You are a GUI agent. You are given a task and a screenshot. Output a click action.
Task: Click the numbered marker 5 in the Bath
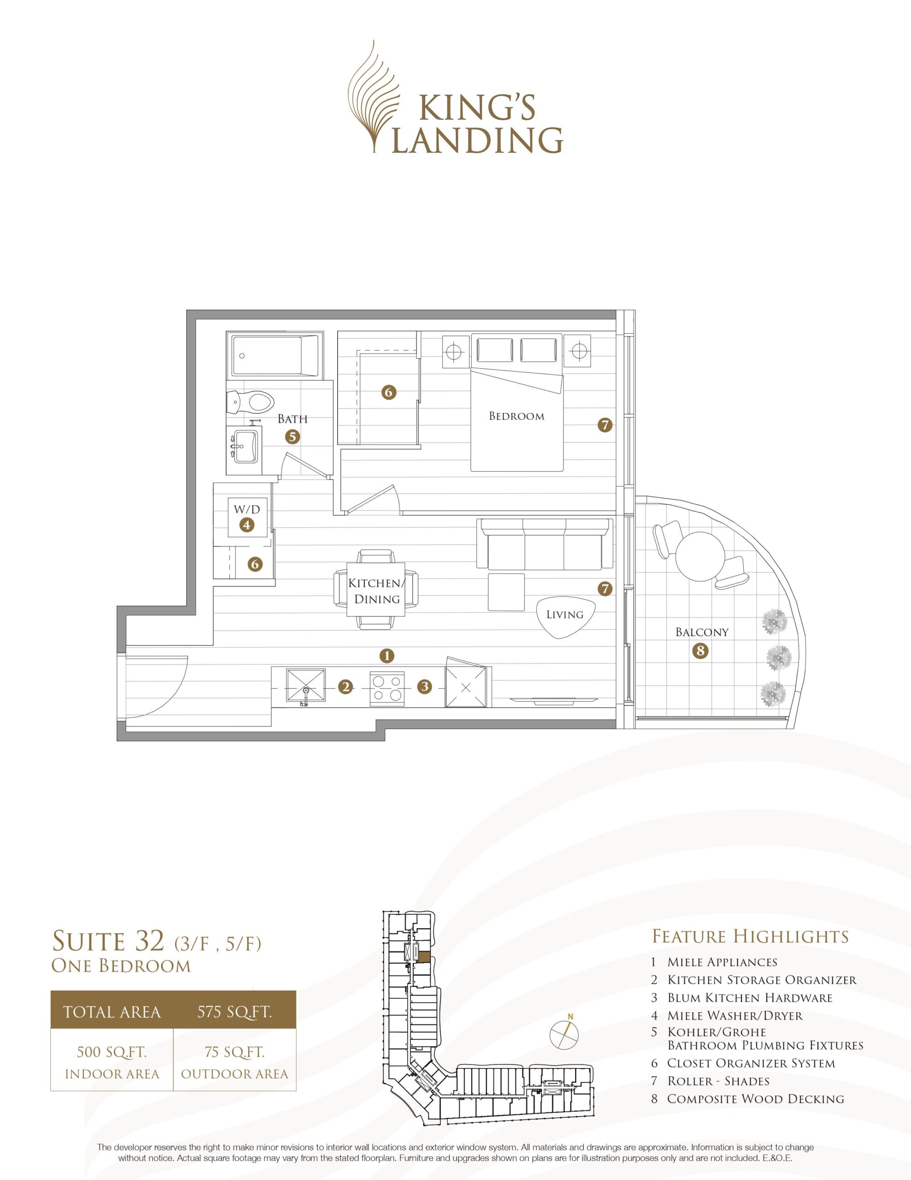point(292,436)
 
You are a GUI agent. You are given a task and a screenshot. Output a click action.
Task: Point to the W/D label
point(247,509)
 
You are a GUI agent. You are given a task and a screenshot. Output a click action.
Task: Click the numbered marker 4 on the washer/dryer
point(247,524)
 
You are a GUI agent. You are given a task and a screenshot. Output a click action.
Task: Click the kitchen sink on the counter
point(306,687)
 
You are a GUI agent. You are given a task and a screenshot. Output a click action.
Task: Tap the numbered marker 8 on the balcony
point(700,651)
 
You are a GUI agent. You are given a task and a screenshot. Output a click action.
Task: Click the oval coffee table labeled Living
point(564,616)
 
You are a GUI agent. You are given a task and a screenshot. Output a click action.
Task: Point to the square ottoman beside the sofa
point(506,592)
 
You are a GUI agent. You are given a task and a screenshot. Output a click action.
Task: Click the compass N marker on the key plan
point(571,1017)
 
